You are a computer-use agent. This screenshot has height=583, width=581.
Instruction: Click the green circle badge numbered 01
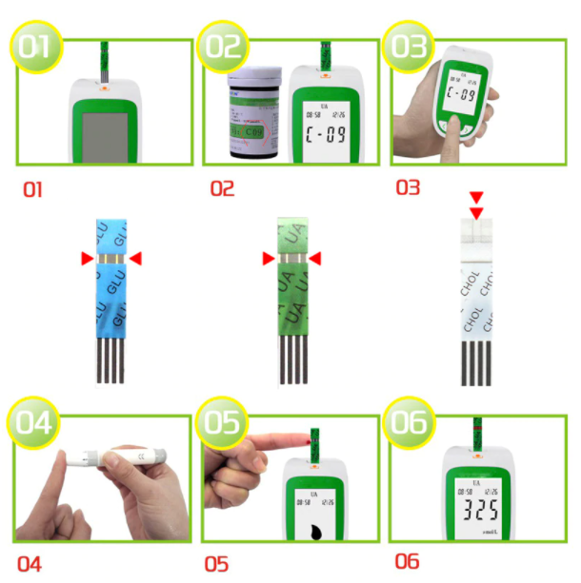pos(35,47)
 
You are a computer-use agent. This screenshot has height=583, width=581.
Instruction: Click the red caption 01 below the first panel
pos(33,190)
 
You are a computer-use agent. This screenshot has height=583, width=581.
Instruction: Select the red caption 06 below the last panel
pos(407,562)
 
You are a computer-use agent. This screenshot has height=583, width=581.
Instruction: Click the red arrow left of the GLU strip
pos(87,259)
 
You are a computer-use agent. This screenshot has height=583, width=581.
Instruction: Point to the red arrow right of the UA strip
pos(315,259)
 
